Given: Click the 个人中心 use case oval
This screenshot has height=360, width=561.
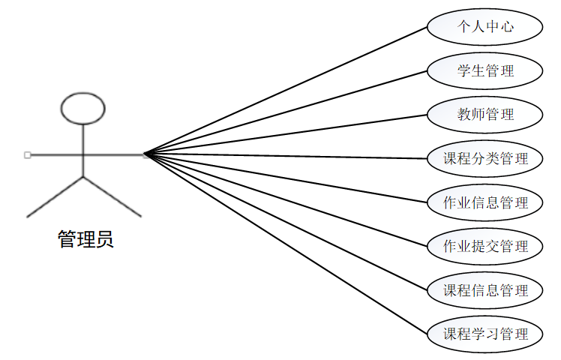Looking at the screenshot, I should coord(484,27).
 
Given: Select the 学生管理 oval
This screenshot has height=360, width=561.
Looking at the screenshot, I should coord(484,71).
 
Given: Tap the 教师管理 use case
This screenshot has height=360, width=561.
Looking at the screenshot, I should coord(484,115).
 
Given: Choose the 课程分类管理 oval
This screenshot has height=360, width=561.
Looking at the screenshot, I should coord(484,158).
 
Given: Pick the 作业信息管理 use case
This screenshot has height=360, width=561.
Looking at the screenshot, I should coord(484,202).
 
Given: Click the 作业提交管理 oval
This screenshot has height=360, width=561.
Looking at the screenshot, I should coord(484,246).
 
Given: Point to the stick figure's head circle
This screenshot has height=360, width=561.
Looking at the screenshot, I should coord(82,108).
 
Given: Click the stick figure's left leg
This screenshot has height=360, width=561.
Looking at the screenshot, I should coord(55,196).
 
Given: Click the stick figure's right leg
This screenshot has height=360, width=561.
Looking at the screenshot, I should coord(112,196).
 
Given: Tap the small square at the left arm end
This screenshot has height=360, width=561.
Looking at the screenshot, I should coord(28,155).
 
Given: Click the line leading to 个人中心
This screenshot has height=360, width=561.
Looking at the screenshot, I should coord(285,91).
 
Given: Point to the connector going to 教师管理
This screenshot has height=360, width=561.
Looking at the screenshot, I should coord(285,135).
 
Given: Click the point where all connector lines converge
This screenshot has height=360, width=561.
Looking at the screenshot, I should coord(145,155).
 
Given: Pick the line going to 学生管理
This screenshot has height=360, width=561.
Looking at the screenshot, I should coord(285,113).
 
